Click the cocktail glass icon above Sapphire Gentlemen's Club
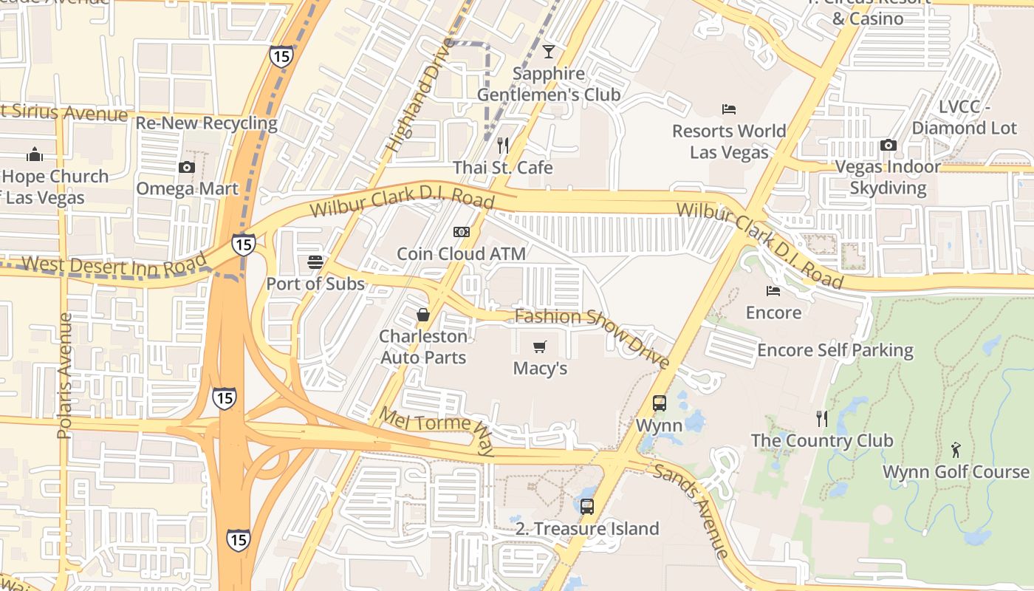pyautogui.click(x=548, y=52)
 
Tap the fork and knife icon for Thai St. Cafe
pyautogui.click(x=503, y=145)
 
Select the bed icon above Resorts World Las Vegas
pyautogui.click(x=729, y=109)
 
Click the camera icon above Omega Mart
pyautogui.click(x=187, y=167)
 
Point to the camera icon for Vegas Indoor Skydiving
pyautogui.click(x=888, y=145)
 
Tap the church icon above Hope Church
pyautogui.click(x=35, y=154)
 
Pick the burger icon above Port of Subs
pyautogui.click(x=315, y=262)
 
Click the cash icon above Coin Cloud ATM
pyautogui.click(x=462, y=232)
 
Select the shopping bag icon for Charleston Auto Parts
pyautogui.click(x=423, y=315)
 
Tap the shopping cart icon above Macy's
pyautogui.click(x=540, y=346)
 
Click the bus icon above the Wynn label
pyautogui.click(x=660, y=403)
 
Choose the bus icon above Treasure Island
pyautogui.click(x=587, y=507)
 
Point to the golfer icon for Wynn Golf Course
pyautogui.click(x=956, y=449)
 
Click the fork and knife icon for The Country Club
pyautogui.click(x=822, y=419)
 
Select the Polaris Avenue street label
pyautogui.click(x=65, y=375)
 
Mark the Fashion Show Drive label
pyautogui.click(x=592, y=337)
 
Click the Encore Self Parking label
pyautogui.click(x=835, y=349)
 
